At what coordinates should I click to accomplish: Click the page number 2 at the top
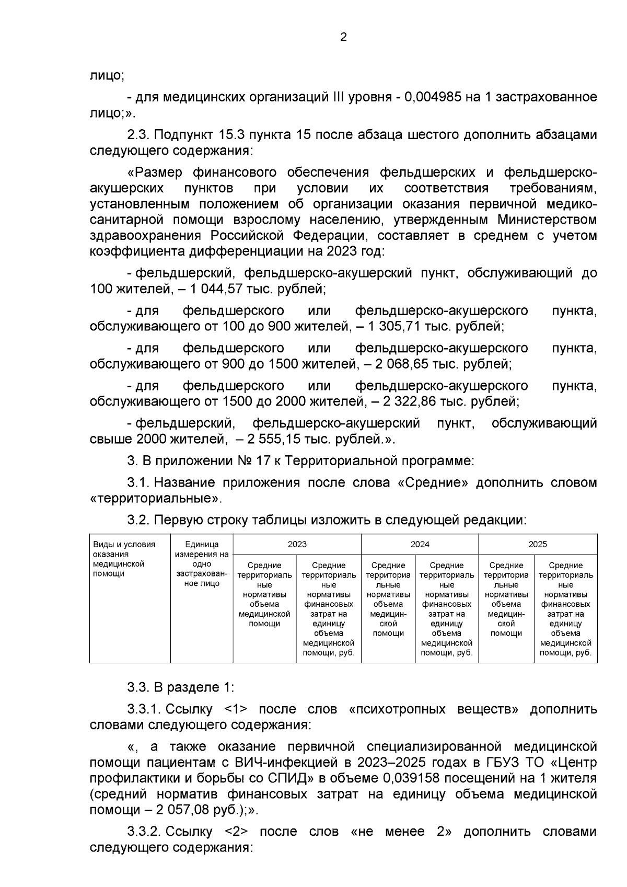point(343,37)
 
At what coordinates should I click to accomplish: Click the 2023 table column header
point(297,544)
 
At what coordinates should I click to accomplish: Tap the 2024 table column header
point(420,544)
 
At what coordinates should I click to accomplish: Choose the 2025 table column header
point(538,544)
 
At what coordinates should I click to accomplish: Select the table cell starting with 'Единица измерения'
point(202,564)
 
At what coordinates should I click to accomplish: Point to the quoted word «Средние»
point(432,482)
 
